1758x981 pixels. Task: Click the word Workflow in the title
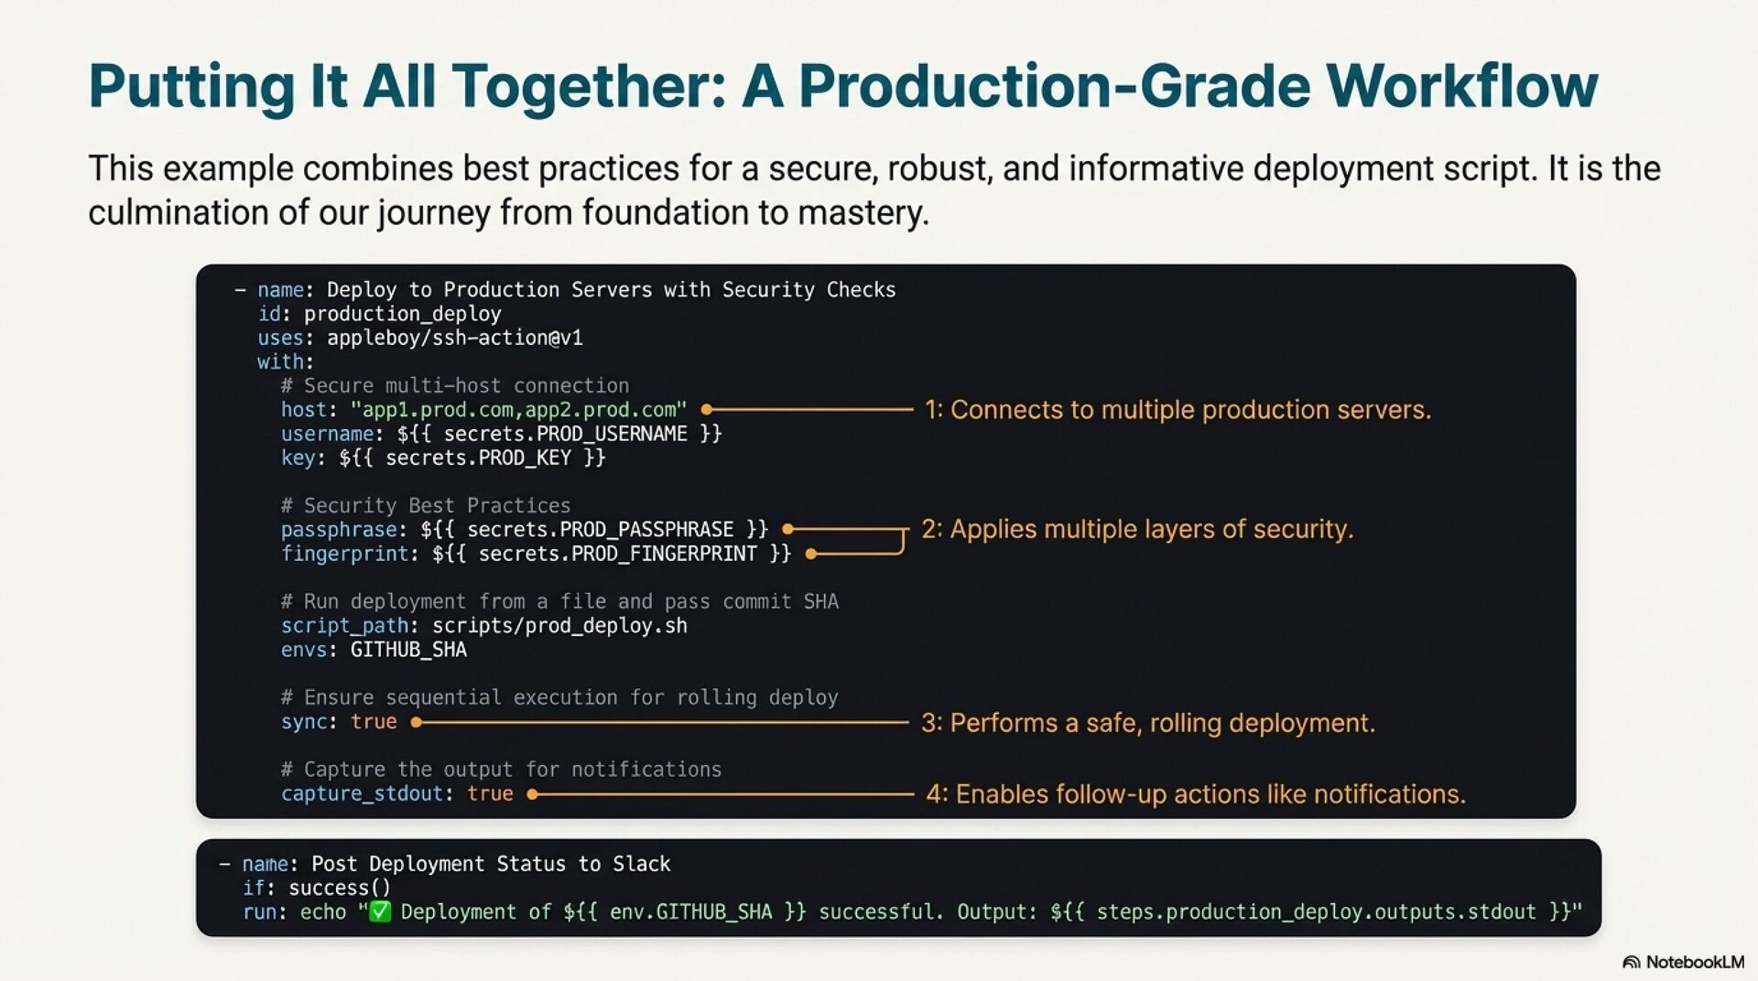1461,86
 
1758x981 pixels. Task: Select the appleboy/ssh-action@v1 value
454,338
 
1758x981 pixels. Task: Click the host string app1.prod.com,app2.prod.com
518,409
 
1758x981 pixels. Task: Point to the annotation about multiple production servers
1177,409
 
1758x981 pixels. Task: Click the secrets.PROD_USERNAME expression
559,434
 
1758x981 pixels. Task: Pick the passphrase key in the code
339,530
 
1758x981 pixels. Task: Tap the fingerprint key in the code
344,554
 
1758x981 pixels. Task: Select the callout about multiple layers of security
1136,529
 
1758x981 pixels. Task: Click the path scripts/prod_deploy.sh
559,626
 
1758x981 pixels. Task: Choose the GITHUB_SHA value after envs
408,650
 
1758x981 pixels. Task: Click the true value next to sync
374,722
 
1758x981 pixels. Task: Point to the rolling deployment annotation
1147,723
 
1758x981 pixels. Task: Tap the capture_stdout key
362,793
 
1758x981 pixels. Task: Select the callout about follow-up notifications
1195,793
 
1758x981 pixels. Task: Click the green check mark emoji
379,911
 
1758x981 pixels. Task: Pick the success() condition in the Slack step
340,888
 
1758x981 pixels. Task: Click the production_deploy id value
402,314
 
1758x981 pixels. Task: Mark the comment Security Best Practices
426,505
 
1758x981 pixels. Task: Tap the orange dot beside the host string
707,409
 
